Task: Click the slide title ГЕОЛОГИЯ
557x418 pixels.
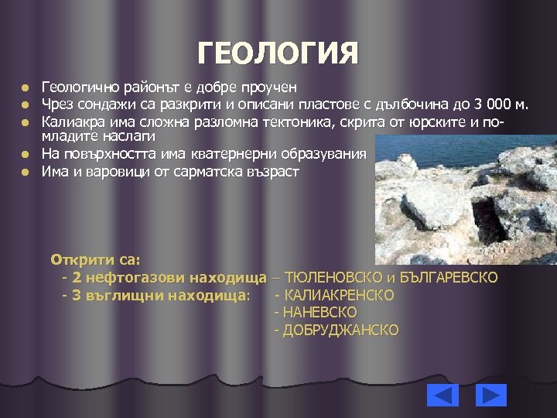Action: pos(278,54)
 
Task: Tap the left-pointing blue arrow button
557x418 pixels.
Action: pos(443,395)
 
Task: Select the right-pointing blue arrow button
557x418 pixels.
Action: pos(490,395)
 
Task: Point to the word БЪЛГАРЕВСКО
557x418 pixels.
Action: pos(449,277)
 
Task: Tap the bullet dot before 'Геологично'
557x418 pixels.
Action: pos(25,87)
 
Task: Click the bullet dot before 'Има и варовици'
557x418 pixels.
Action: pos(25,171)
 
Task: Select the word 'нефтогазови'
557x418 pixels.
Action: pos(128,277)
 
